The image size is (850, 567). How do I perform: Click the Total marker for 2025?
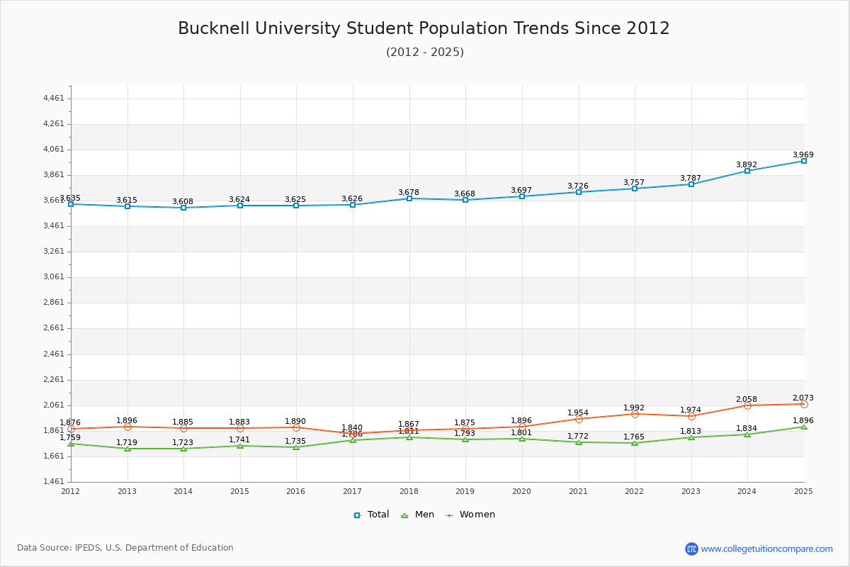(x=803, y=161)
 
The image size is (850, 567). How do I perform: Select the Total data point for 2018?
(x=409, y=198)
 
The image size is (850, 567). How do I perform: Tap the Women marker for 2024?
(x=747, y=405)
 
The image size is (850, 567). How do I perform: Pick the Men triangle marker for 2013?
(x=127, y=449)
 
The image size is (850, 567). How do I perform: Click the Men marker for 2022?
(x=635, y=443)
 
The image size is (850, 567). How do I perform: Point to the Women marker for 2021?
(x=579, y=419)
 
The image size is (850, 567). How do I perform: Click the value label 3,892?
(x=747, y=164)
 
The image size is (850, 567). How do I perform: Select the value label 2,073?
(x=803, y=398)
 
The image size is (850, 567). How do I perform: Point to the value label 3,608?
(x=183, y=201)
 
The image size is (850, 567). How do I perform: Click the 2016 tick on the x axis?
(x=296, y=491)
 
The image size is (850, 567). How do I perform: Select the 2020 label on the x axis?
(x=522, y=491)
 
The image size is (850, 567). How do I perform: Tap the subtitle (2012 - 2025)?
(x=425, y=52)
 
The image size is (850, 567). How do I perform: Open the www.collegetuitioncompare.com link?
(x=766, y=549)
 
